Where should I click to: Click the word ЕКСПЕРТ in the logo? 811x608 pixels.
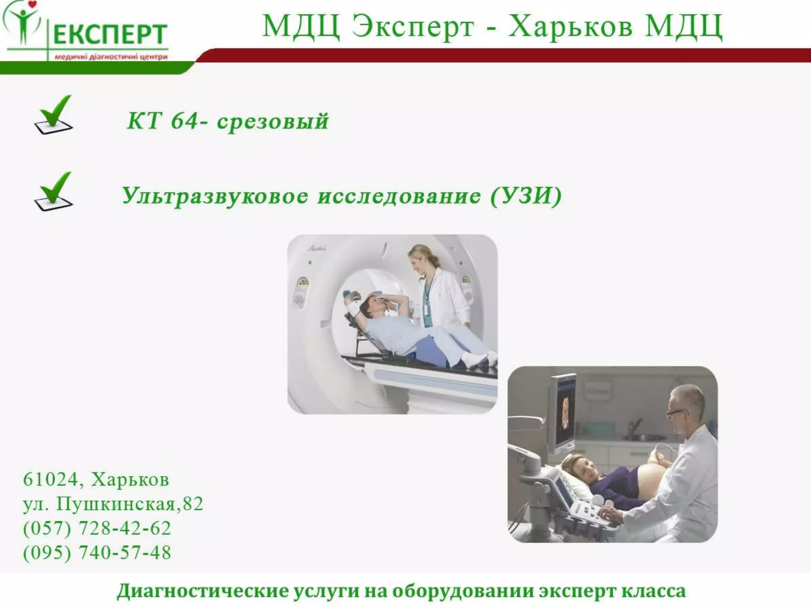[110, 34]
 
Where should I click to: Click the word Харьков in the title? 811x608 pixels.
[570, 26]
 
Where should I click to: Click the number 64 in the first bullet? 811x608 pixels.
[184, 120]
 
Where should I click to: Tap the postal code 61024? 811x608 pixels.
[50, 479]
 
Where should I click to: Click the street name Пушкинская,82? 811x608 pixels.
[129, 504]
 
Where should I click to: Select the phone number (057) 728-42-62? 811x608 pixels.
[97, 528]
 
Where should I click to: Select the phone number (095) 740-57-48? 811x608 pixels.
[97, 553]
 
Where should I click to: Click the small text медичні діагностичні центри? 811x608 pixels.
[111, 57]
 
